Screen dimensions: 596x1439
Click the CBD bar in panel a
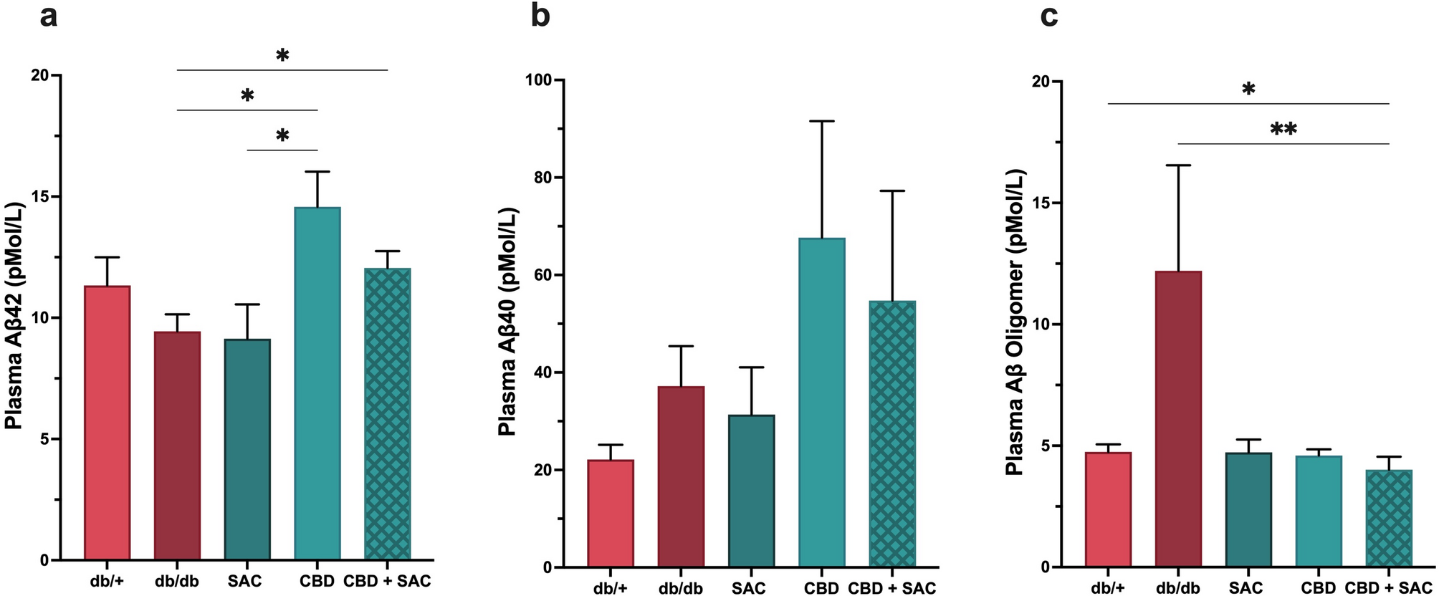click(x=317, y=383)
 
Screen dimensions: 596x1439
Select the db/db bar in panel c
click(x=1178, y=419)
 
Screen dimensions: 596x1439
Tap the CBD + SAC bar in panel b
click(x=892, y=433)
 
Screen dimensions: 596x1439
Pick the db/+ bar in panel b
click(x=611, y=513)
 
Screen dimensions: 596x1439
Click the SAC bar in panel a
click(x=247, y=449)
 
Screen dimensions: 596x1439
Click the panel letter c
click(x=1049, y=15)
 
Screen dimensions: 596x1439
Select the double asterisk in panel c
click(x=1283, y=130)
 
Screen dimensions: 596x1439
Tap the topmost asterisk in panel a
click(x=282, y=56)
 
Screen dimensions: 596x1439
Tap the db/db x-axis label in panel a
click(x=177, y=580)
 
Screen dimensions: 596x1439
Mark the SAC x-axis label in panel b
click(x=749, y=588)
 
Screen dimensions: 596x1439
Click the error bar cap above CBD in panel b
click(x=822, y=121)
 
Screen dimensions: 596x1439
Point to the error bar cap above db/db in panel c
click(x=1178, y=165)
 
